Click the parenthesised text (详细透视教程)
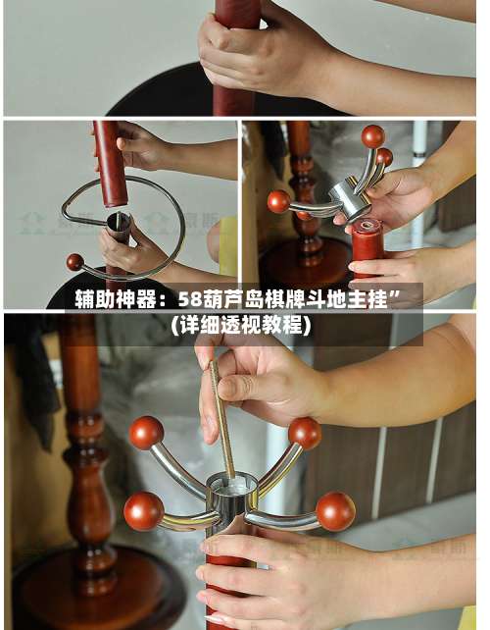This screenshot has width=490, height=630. [241, 325]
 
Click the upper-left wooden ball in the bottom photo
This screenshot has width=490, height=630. [146, 432]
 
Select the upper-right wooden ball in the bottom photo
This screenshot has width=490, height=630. [305, 432]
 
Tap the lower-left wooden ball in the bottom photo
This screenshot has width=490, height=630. [143, 510]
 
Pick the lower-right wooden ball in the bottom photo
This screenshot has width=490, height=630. [335, 510]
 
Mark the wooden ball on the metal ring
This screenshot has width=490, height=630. [74, 262]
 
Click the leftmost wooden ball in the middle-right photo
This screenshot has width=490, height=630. [279, 201]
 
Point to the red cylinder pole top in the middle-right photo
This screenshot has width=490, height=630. [367, 240]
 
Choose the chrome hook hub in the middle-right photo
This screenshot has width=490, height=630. [350, 196]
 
